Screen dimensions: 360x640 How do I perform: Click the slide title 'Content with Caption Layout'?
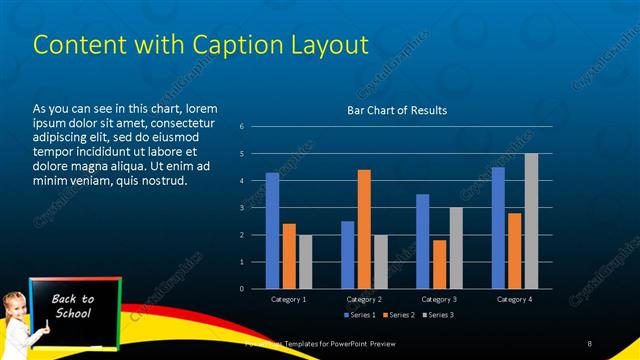201,44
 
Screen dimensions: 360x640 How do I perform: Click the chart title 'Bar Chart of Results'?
397,110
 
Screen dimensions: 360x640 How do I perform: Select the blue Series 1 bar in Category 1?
272,230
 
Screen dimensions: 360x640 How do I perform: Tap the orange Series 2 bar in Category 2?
364,229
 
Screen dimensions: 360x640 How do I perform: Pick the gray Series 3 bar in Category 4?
531,221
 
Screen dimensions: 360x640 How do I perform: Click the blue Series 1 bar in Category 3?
423,241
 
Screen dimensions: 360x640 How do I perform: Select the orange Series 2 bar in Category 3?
439,264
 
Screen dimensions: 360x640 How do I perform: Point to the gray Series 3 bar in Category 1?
305,261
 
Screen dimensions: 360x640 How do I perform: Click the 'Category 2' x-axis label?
364,299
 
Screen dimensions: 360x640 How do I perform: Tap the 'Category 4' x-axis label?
515,299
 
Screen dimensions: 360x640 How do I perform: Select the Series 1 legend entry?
359,315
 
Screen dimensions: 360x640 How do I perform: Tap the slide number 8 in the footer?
590,344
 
